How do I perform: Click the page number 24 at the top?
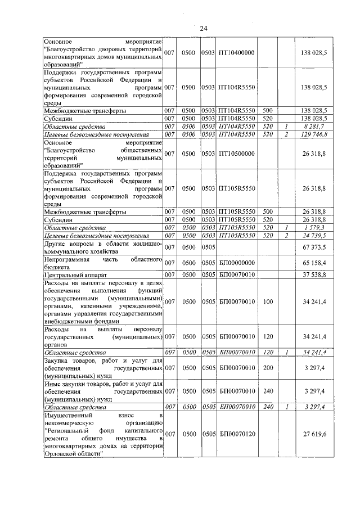[204, 28]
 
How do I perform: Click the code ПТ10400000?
[236, 52]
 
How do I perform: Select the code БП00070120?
[237, 434]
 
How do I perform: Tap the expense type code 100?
[267, 302]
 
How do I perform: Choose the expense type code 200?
[267, 368]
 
